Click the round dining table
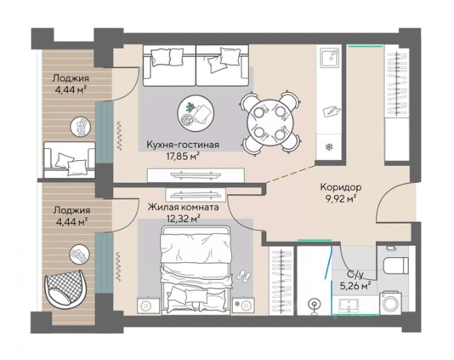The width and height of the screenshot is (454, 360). point(270,123)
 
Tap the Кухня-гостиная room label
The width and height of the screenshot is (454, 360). point(183,145)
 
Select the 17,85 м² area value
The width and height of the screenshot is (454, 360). point(183,157)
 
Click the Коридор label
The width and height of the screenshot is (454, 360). point(340,187)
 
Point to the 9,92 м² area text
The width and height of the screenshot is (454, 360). point(340,199)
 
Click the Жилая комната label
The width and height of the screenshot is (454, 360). point(183,208)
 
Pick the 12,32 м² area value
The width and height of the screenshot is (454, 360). point(184,219)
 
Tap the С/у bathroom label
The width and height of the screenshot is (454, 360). point(355,274)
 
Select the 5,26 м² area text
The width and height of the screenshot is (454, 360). point(355,286)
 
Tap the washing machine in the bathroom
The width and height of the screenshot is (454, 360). point(391,303)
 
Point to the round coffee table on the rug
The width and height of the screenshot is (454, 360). point(196,112)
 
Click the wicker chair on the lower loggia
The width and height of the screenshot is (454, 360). point(65,287)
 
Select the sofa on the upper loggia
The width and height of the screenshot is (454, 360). point(70,160)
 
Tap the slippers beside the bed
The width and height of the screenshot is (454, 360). point(244,276)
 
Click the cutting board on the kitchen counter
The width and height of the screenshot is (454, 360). point(331,111)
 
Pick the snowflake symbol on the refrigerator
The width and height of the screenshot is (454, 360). point(329,147)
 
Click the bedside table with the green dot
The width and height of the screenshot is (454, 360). point(243,305)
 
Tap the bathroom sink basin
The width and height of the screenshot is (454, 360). point(349,305)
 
